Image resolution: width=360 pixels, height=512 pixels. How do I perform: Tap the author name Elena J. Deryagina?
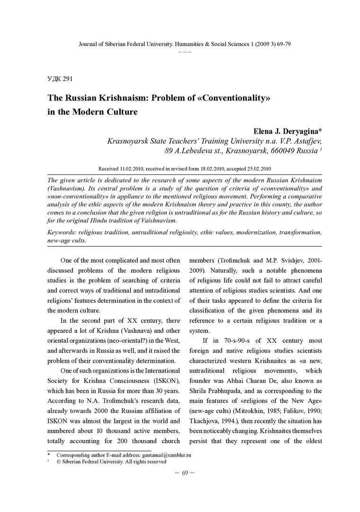click(284, 131)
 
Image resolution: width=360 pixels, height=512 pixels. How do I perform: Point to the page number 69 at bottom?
click(185, 472)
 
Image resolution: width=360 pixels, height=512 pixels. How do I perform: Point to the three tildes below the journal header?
click(185, 52)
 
